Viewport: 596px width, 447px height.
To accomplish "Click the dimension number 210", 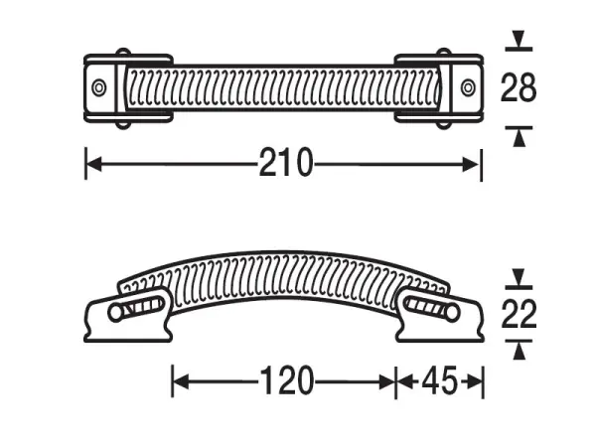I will (x=285, y=163).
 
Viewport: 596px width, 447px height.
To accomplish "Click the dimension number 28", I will (x=518, y=88).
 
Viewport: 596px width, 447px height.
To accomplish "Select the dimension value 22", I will (x=518, y=315).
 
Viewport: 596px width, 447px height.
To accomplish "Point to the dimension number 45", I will (x=440, y=380).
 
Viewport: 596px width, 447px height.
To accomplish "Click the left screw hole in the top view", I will (x=98, y=88).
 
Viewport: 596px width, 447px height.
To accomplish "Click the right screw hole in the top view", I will (x=468, y=88).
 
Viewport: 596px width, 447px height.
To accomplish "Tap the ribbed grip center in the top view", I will (x=284, y=88).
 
